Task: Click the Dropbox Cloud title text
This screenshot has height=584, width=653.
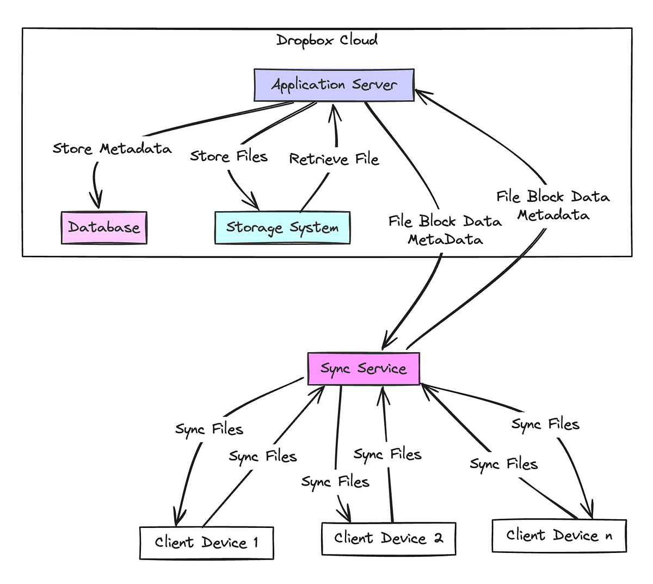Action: pos(326,40)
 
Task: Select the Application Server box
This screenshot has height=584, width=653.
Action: pos(334,85)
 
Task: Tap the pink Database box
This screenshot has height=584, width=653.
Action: pos(104,228)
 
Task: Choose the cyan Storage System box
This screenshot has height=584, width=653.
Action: pos(282,228)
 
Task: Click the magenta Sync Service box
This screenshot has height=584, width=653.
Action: pos(364,368)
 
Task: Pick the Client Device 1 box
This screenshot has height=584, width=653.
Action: pos(206,543)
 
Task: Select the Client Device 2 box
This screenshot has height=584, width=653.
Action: pos(389,539)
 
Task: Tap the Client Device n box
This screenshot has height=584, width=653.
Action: pos(559,536)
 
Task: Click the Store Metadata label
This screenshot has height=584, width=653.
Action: pos(112,149)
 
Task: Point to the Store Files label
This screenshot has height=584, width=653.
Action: pos(229,157)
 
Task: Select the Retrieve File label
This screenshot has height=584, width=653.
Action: pos(334,159)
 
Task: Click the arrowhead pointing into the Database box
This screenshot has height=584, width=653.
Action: pos(98,202)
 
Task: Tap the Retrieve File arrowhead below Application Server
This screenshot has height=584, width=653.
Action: pos(335,110)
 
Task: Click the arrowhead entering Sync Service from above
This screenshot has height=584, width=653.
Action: pos(385,343)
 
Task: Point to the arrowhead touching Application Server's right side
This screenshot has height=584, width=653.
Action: pos(420,93)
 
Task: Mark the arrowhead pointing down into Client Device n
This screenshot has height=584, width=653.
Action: pos(589,511)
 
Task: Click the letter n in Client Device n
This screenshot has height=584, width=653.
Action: pos(608,537)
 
